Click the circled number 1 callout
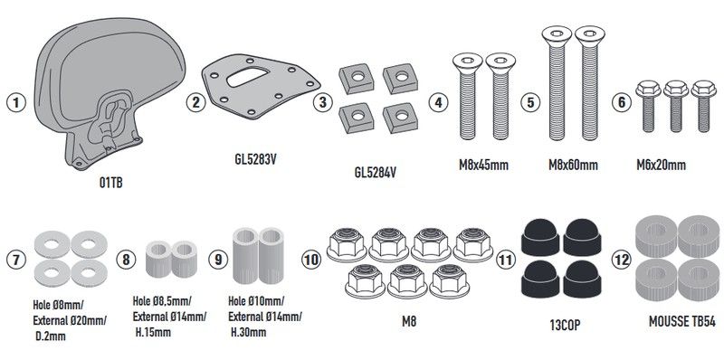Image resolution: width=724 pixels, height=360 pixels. pyautogui.click(x=16, y=102)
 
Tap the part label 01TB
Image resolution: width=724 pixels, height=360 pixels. pyautogui.click(x=110, y=183)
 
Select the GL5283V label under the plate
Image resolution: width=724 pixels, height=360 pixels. pyautogui.click(x=255, y=159)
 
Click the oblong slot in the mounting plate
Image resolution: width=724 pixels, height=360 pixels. pyautogui.click(x=247, y=77)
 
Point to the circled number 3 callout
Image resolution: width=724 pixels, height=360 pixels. pyautogui.click(x=323, y=102)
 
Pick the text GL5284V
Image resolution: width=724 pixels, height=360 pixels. pyautogui.click(x=376, y=174)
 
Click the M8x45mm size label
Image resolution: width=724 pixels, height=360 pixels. pyautogui.click(x=483, y=166)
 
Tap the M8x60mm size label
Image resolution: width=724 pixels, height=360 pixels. pyautogui.click(x=573, y=166)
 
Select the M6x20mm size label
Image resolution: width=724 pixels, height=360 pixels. pyautogui.click(x=662, y=166)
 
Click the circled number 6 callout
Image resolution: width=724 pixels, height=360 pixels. pyautogui.click(x=622, y=102)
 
